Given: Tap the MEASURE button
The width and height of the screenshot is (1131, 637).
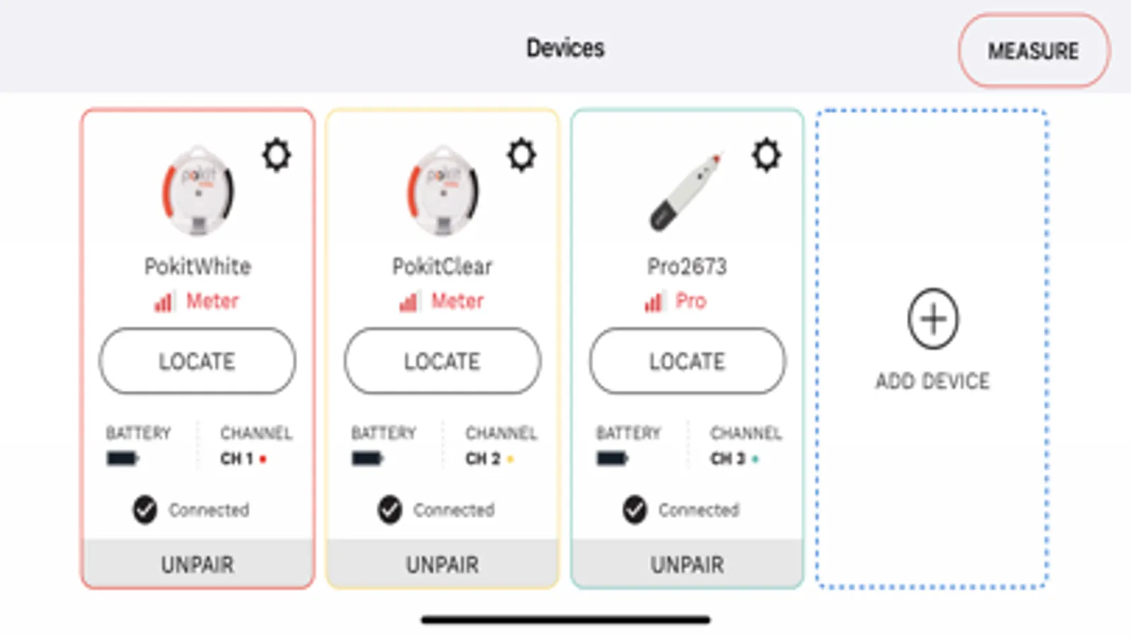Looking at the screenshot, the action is tap(1033, 50).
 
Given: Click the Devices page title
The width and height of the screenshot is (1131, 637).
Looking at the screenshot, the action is tap(565, 49).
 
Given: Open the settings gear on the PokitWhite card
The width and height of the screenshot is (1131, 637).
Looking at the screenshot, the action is tap(277, 155).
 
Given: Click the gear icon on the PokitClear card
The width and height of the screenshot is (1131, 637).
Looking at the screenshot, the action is tap(521, 155).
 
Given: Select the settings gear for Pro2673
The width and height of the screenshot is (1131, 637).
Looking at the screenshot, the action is tap(767, 155).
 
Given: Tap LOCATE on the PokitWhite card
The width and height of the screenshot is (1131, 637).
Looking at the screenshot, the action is tap(197, 361).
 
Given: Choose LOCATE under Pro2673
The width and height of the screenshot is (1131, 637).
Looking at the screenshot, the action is tap(688, 361).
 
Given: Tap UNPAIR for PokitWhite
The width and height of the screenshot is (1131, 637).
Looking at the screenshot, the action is tap(197, 564).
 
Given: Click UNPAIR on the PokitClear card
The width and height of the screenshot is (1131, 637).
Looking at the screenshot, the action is tap(442, 564).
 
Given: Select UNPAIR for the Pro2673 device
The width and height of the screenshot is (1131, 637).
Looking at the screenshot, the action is tap(688, 564).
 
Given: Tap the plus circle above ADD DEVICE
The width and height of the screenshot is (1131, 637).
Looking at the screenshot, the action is tap(933, 318).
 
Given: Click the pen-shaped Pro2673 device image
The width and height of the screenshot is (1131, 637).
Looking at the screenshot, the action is tap(687, 191).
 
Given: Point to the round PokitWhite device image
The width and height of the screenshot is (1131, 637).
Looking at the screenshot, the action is tap(197, 190).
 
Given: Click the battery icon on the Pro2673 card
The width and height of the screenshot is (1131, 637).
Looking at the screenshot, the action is tap(612, 458).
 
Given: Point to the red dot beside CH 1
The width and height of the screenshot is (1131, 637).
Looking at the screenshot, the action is tap(262, 459).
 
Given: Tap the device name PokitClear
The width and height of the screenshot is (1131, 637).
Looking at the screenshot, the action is tap(442, 266).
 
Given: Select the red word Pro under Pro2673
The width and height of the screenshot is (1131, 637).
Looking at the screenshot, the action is tap(691, 301).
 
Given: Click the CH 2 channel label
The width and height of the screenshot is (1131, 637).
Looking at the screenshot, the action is tap(482, 458).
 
